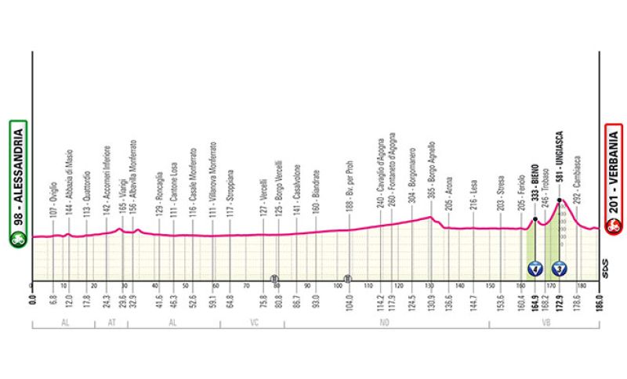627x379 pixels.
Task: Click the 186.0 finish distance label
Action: click(x=598, y=298)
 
